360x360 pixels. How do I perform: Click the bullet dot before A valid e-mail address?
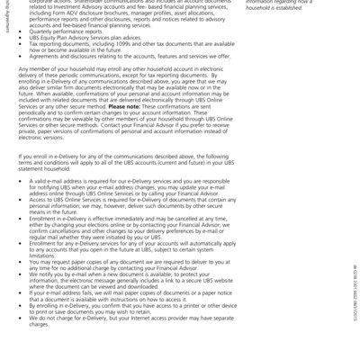(x=22, y=180)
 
